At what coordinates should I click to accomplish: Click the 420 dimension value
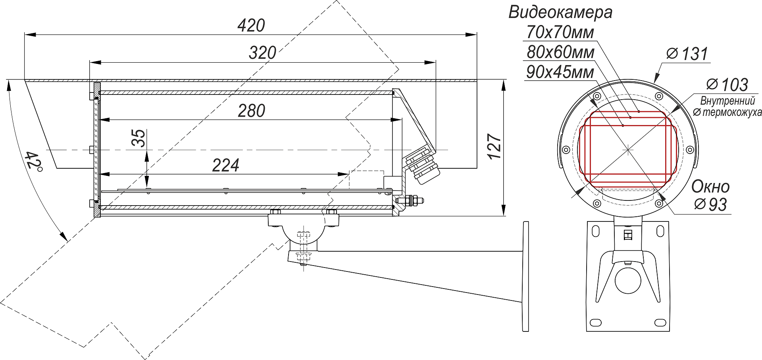click(251, 26)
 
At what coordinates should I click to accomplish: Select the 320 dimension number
click(262, 53)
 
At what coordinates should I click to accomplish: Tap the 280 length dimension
click(252, 111)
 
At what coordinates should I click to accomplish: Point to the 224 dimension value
click(225, 166)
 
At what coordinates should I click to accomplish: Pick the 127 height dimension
click(494, 147)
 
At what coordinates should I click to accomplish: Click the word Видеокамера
click(560, 12)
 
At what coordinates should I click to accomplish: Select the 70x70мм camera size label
click(560, 32)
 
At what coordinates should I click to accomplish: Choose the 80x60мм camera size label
click(560, 52)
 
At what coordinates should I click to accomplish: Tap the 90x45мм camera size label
click(560, 72)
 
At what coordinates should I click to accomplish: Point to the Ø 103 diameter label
click(727, 85)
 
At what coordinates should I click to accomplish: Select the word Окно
click(710, 187)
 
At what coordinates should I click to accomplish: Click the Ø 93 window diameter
click(710, 204)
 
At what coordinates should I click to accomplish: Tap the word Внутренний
click(727, 101)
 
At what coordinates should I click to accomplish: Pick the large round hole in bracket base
click(628, 280)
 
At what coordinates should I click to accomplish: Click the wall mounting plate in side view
click(525, 276)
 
